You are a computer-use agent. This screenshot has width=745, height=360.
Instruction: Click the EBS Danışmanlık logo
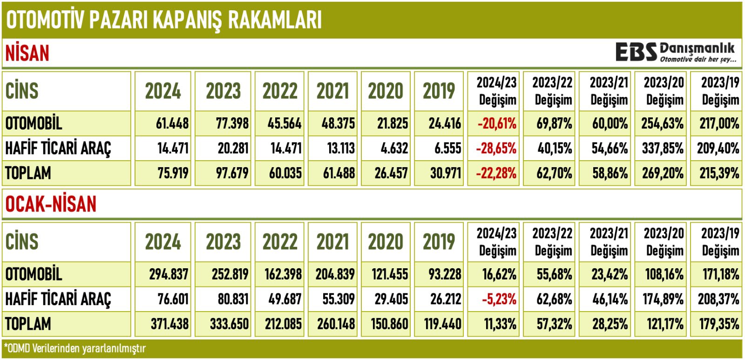(675, 52)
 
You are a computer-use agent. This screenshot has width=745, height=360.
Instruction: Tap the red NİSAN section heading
(27, 53)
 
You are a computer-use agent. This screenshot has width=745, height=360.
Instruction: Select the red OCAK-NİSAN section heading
(51, 204)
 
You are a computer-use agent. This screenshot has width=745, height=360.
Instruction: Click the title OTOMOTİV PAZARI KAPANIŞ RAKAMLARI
(164, 20)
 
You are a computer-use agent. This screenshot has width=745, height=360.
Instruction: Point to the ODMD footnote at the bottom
(75, 348)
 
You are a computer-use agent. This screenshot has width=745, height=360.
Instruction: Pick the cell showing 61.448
(172, 123)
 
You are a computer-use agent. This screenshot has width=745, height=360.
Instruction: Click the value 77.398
(232, 123)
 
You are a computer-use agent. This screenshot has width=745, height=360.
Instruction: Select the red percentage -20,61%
(496, 123)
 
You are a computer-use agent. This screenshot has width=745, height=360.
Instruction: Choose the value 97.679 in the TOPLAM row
(232, 173)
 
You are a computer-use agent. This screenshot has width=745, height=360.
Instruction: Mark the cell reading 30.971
(445, 173)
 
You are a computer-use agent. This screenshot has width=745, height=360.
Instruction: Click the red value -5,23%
(499, 299)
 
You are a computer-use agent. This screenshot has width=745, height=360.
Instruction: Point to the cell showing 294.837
(169, 274)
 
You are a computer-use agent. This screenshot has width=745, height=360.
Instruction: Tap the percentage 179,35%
(719, 324)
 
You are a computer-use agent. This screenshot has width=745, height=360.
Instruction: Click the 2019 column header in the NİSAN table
(439, 91)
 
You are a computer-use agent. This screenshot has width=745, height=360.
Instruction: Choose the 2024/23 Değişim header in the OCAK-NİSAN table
(497, 242)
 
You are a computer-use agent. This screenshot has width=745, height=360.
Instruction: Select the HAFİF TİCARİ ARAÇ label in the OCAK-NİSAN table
(58, 299)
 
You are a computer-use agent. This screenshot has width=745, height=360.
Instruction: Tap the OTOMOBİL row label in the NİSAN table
(34, 123)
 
